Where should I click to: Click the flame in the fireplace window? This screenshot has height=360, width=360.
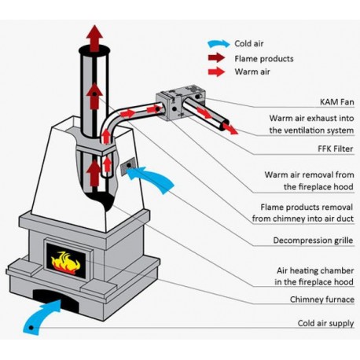point(65,263)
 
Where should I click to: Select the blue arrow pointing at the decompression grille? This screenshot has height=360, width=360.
point(151,179)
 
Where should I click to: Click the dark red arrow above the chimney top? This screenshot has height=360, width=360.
point(94,39)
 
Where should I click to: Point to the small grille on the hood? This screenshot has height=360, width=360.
point(127,166)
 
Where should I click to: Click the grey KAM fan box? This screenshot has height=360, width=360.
point(181,102)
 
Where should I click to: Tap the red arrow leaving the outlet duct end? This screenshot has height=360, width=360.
point(230,129)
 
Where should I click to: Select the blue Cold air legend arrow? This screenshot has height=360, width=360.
point(219,44)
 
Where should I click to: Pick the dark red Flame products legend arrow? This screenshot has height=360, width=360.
point(216,58)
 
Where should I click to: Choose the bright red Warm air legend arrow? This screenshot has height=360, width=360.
point(216,72)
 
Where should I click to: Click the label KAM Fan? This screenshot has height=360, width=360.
point(336,102)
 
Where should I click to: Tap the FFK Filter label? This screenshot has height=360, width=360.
point(336,149)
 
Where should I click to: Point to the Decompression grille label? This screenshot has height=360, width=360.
point(313,241)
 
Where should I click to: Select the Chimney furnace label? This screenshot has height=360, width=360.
point(322,299)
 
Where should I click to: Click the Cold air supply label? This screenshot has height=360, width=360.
point(325,323)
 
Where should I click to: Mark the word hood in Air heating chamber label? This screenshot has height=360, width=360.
point(343,282)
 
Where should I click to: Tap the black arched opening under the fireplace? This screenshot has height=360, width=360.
point(57,300)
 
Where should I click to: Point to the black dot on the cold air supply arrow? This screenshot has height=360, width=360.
point(31,328)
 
